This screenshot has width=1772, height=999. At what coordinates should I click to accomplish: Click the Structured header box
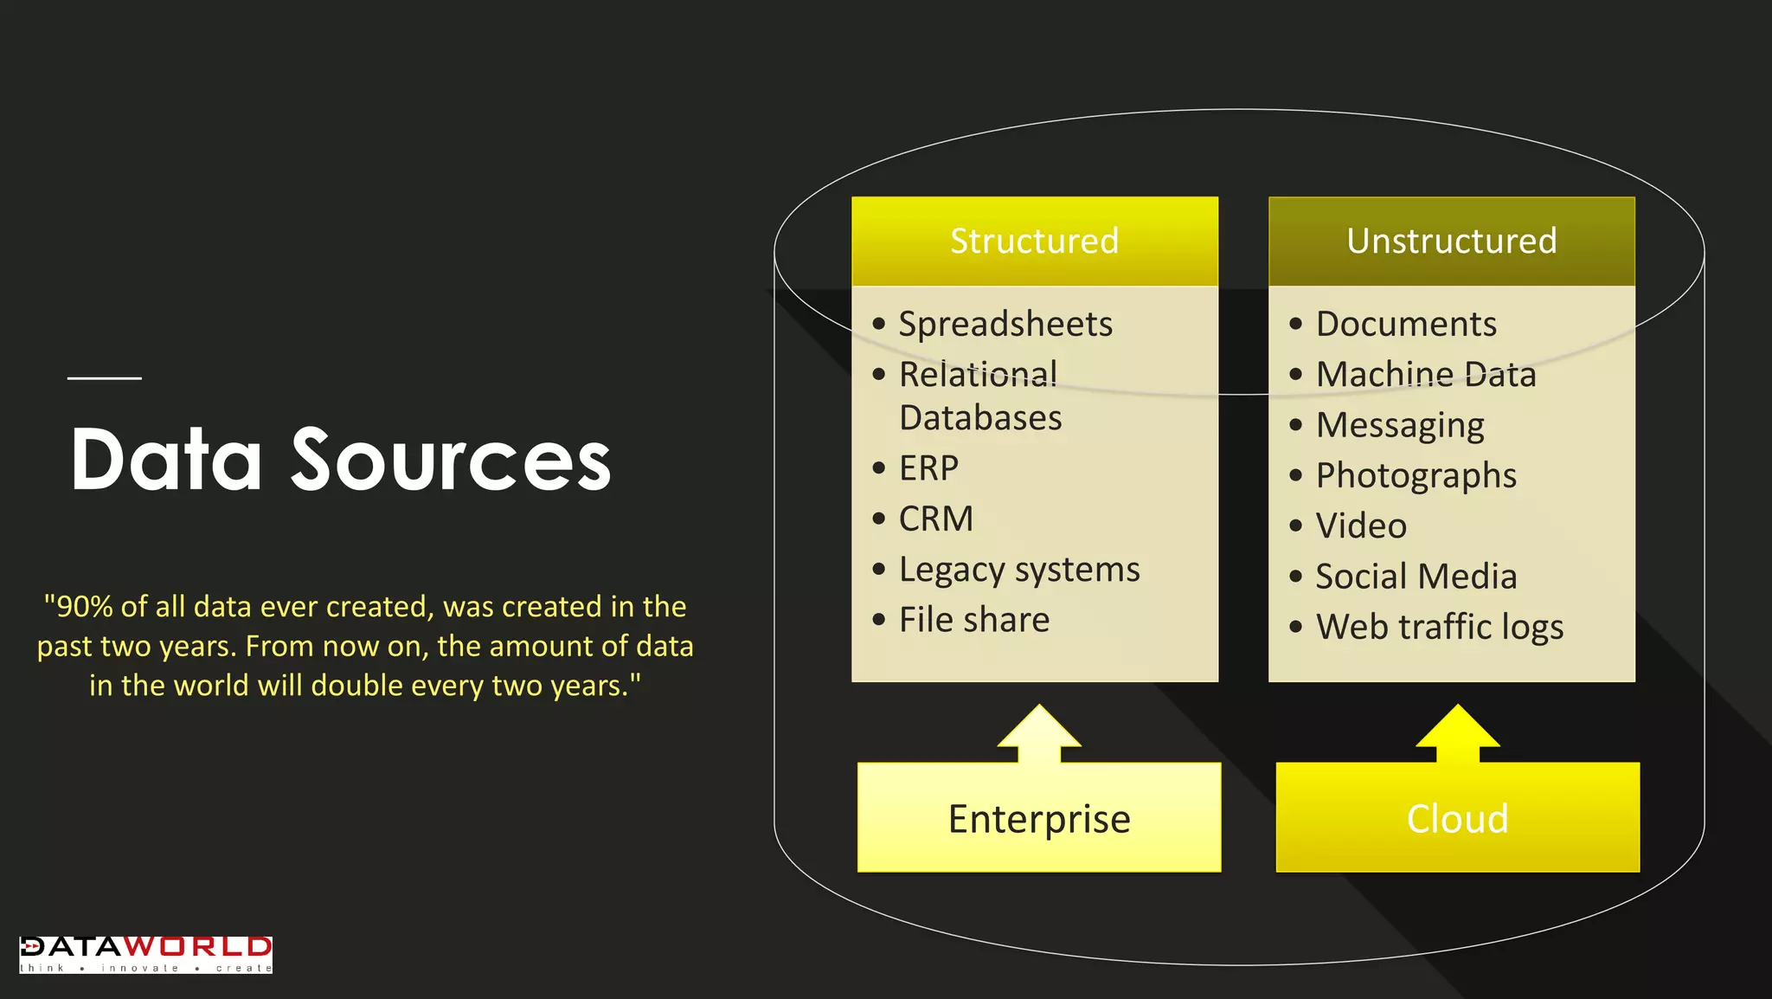coord(1034,241)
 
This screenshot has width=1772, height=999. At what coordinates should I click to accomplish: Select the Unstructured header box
coord(1451,241)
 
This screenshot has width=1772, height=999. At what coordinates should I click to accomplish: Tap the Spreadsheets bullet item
coord(1005,324)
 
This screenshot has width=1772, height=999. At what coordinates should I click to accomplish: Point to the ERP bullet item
coord(928,468)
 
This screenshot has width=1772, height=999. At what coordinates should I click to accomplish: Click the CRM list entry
coord(935,519)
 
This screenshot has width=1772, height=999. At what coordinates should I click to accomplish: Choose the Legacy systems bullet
coord(1018,570)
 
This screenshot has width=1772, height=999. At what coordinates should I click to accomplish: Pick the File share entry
coord(973,620)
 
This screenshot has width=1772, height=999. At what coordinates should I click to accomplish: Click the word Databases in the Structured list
coord(980,418)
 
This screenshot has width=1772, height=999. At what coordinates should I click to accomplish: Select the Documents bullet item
coord(1406,324)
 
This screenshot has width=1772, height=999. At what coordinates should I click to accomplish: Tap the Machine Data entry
coord(1425,374)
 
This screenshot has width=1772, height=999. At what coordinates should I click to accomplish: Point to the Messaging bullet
coord(1399,425)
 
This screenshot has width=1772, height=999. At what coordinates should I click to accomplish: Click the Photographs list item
coord(1416,475)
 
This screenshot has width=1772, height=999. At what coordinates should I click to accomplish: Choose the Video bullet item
coord(1361,525)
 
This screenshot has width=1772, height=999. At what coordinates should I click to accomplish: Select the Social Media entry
coord(1416,577)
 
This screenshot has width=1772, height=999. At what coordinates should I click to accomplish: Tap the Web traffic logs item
coord(1439,627)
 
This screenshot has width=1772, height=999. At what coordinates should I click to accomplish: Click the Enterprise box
coord(1038,818)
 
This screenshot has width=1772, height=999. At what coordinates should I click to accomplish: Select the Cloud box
coord(1457,818)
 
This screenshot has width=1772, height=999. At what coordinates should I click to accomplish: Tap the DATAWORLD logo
coord(145,954)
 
